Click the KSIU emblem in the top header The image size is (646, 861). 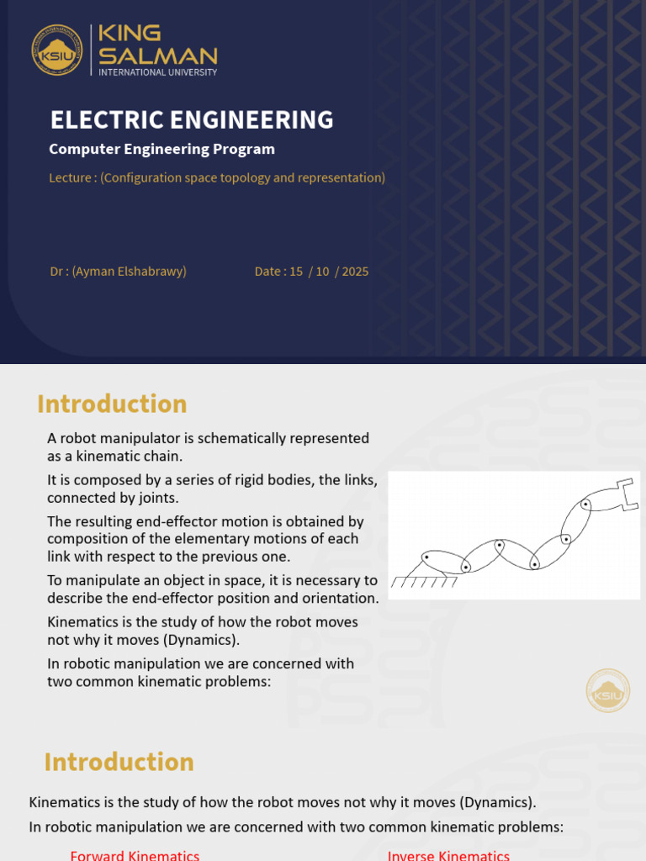[57, 50]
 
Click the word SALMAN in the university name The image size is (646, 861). [158, 56]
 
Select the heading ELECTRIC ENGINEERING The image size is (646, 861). [192, 120]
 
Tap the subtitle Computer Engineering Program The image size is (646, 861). [161, 150]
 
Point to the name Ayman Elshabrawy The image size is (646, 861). [130, 272]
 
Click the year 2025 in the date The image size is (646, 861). [355, 272]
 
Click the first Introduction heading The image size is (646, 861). [112, 404]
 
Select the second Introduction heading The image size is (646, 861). [119, 763]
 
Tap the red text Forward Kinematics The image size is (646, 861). [135, 855]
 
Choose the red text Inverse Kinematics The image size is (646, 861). [448, 855]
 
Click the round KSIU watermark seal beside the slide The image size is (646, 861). [607, 691]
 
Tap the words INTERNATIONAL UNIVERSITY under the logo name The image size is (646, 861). [158, 72]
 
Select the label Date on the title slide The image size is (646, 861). [268, 272]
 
